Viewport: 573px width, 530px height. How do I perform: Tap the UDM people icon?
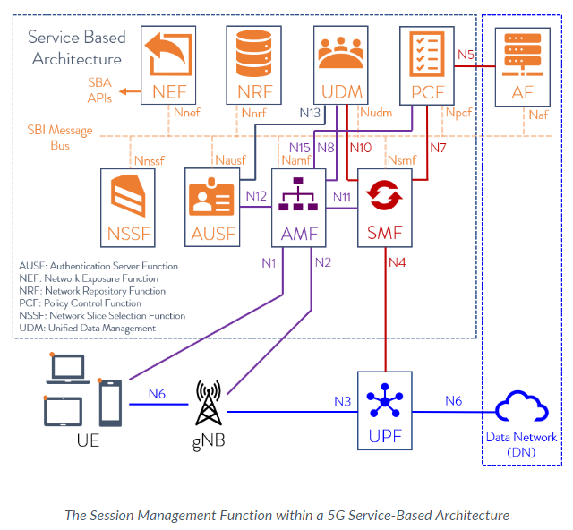[341, 52]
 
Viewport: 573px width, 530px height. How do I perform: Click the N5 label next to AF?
[466, 55]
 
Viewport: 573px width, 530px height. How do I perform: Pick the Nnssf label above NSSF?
[150, 161]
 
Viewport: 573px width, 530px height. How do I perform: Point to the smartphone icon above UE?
[110, 403]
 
